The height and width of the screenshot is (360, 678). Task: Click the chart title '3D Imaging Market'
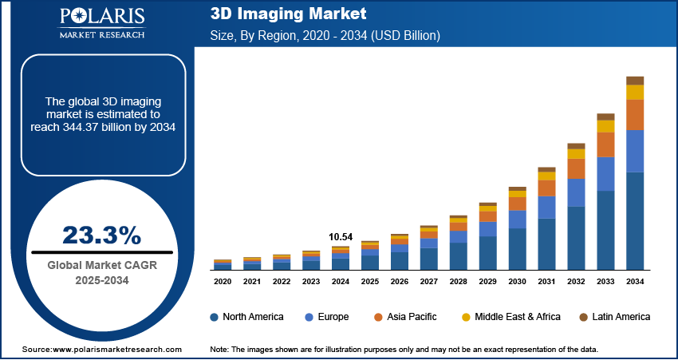pos(288,14)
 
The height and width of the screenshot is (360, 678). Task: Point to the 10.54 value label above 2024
pos(341,237)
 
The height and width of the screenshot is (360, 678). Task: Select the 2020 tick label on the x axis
pos(223,281)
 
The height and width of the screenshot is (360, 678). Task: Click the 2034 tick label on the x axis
pos(635,281)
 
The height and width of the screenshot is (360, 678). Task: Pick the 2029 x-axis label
pos(487,281)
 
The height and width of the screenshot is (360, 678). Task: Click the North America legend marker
pos(215,317)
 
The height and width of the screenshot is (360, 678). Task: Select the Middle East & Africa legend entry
pos(510,317)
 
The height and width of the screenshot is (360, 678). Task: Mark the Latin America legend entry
pos(615,317)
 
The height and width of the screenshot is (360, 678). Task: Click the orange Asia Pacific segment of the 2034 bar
pos(635,115)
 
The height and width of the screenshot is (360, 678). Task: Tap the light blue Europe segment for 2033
pos(605,174)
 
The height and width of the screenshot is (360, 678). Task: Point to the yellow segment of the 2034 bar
pos(635,93)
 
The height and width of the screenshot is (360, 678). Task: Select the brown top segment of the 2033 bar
pos(605,117)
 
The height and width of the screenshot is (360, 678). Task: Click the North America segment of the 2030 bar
pos(518,249)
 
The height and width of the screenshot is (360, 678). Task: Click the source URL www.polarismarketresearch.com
pos(117,350)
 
